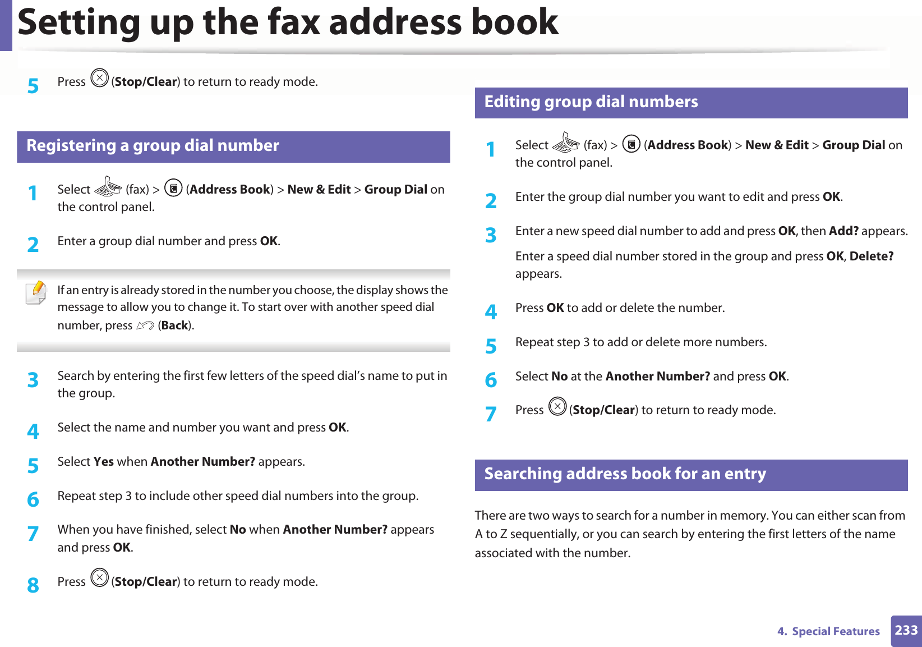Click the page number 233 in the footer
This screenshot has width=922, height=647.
tap(906, 630)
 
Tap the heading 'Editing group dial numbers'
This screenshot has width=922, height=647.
tap(591, 102)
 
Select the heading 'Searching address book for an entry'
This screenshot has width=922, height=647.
tap(625, 474)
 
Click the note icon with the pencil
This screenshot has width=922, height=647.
tap(36, 293)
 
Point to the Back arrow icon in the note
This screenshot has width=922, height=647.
tap(145, 325)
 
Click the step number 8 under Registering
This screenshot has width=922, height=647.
tap(33, 585)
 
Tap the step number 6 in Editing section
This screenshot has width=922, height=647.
tap(491, 380)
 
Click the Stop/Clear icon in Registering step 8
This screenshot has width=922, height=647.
tap(99, 577)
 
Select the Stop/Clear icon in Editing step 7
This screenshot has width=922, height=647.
tap(557, 406)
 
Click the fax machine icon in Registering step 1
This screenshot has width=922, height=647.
tap(108, 187)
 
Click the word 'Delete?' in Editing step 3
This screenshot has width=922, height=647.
tap(871, 256)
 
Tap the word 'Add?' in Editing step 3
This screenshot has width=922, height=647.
tap(843, 231)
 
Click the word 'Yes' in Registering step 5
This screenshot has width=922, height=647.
tap(104, 462)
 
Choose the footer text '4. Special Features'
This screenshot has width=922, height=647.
tap(828, 631)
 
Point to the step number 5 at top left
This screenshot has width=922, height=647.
tap(33, 86)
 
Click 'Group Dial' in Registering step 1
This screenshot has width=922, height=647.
tap(396, 190)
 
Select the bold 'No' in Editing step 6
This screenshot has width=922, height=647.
tap(559, 377)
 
